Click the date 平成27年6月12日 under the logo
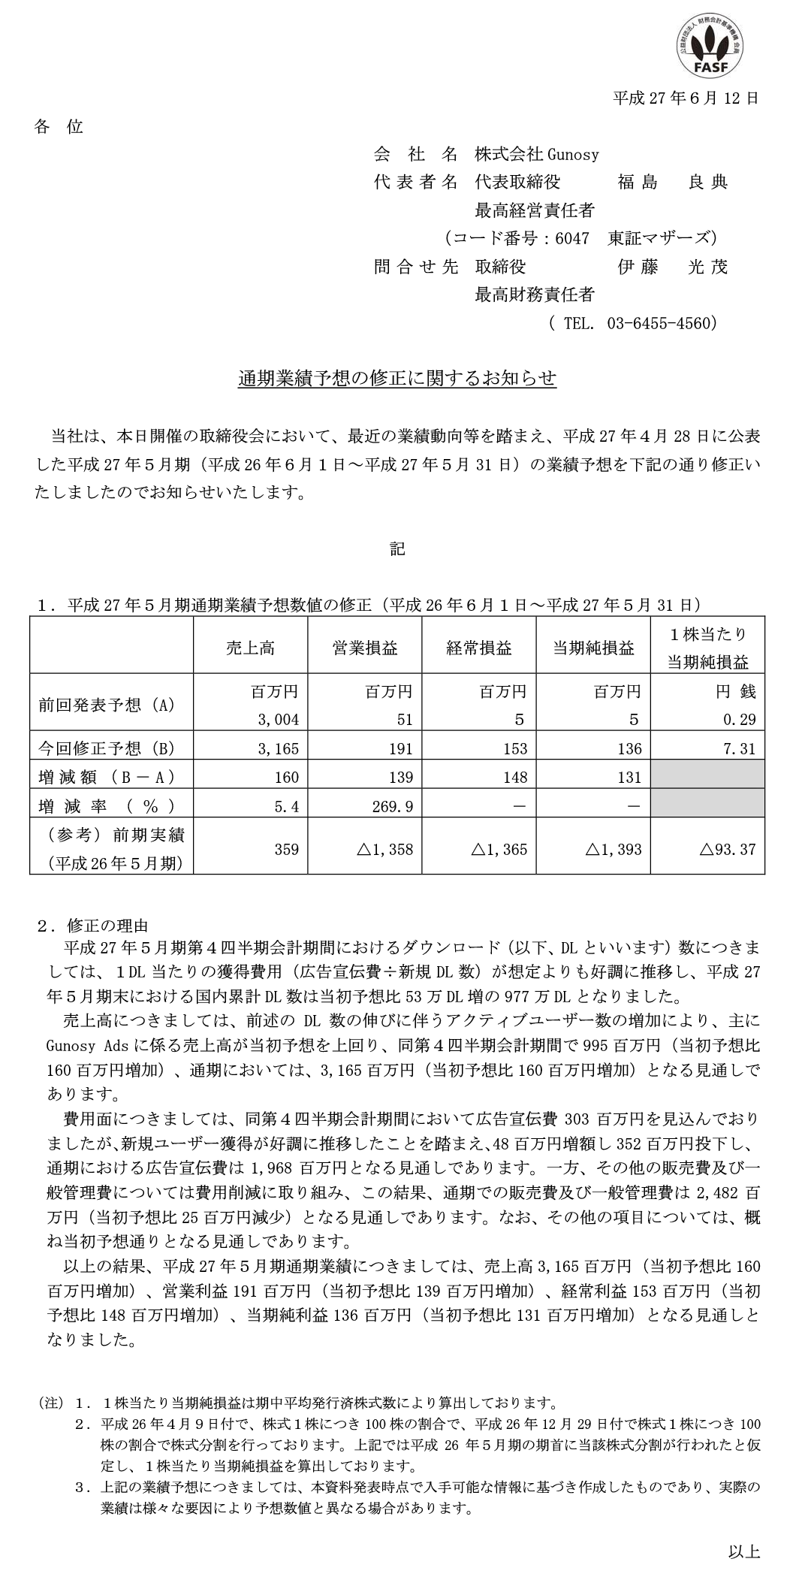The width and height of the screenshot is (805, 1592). coord(686,97)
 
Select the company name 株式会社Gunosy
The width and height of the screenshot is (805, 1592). coord(536,155)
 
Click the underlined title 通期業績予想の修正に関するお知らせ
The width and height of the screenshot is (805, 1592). coord(397,379)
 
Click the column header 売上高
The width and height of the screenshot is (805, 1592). coord(250,648)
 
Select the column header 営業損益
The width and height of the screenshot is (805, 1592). coord(365,648)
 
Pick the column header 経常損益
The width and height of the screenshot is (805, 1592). coord(479,648)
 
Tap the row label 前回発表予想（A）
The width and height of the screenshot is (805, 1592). coord(107,705)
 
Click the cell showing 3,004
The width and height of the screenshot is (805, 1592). coord(278,719)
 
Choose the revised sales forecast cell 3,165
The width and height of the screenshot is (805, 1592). coord(278,748)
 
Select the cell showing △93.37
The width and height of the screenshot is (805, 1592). coord(727,849)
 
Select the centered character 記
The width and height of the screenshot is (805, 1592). coord(397,549)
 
